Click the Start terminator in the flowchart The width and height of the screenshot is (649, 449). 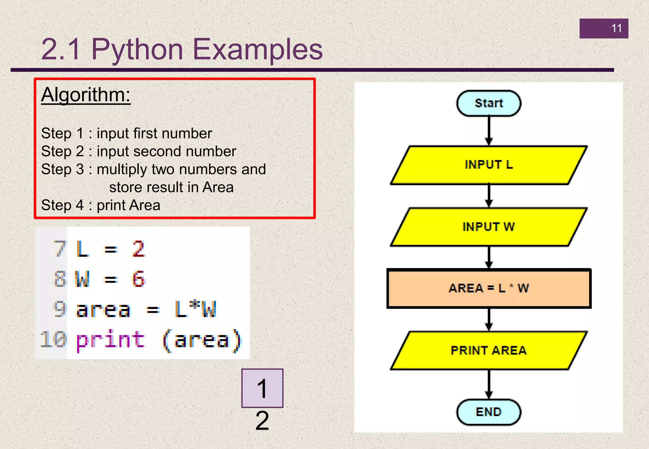click(x=488, y=103)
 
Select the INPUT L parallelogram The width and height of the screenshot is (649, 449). click(x=488, y=165)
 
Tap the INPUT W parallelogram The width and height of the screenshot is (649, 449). click(x=488, y=227)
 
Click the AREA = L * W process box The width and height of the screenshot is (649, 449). click(x=488, y=288)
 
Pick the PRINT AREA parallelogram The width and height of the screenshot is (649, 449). click(x=488, y=351)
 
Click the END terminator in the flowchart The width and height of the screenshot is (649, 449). click(x=488, y=412)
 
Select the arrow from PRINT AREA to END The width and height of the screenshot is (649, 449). click(x=489, y=384)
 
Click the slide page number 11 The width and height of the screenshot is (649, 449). click(x=616, y=28)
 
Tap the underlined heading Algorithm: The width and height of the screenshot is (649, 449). click(x=86, y=95)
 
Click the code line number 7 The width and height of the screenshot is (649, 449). click(x=59, y=249)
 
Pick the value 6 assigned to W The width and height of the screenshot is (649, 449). click(x=138, y=279)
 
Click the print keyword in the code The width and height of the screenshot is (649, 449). click(x=110, y=340)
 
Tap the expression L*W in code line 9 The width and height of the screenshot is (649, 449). click(x=196, y=309)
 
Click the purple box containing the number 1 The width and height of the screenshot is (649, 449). click(x=262, y=388)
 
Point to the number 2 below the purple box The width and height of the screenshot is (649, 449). click(x=262, y=421)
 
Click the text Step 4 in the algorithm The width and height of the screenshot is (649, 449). click(x=62, y=205)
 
